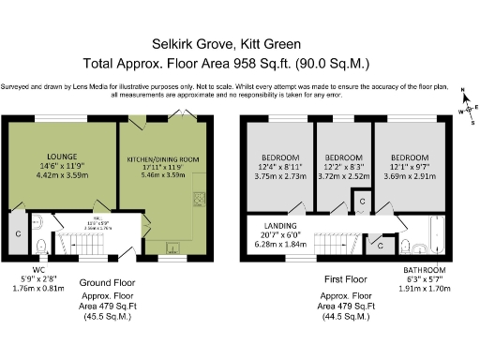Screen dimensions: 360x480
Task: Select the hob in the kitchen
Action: pyautogui.click(x=199, y=200)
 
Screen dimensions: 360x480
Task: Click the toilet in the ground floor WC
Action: pyautogui.click(x=39, y=247)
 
